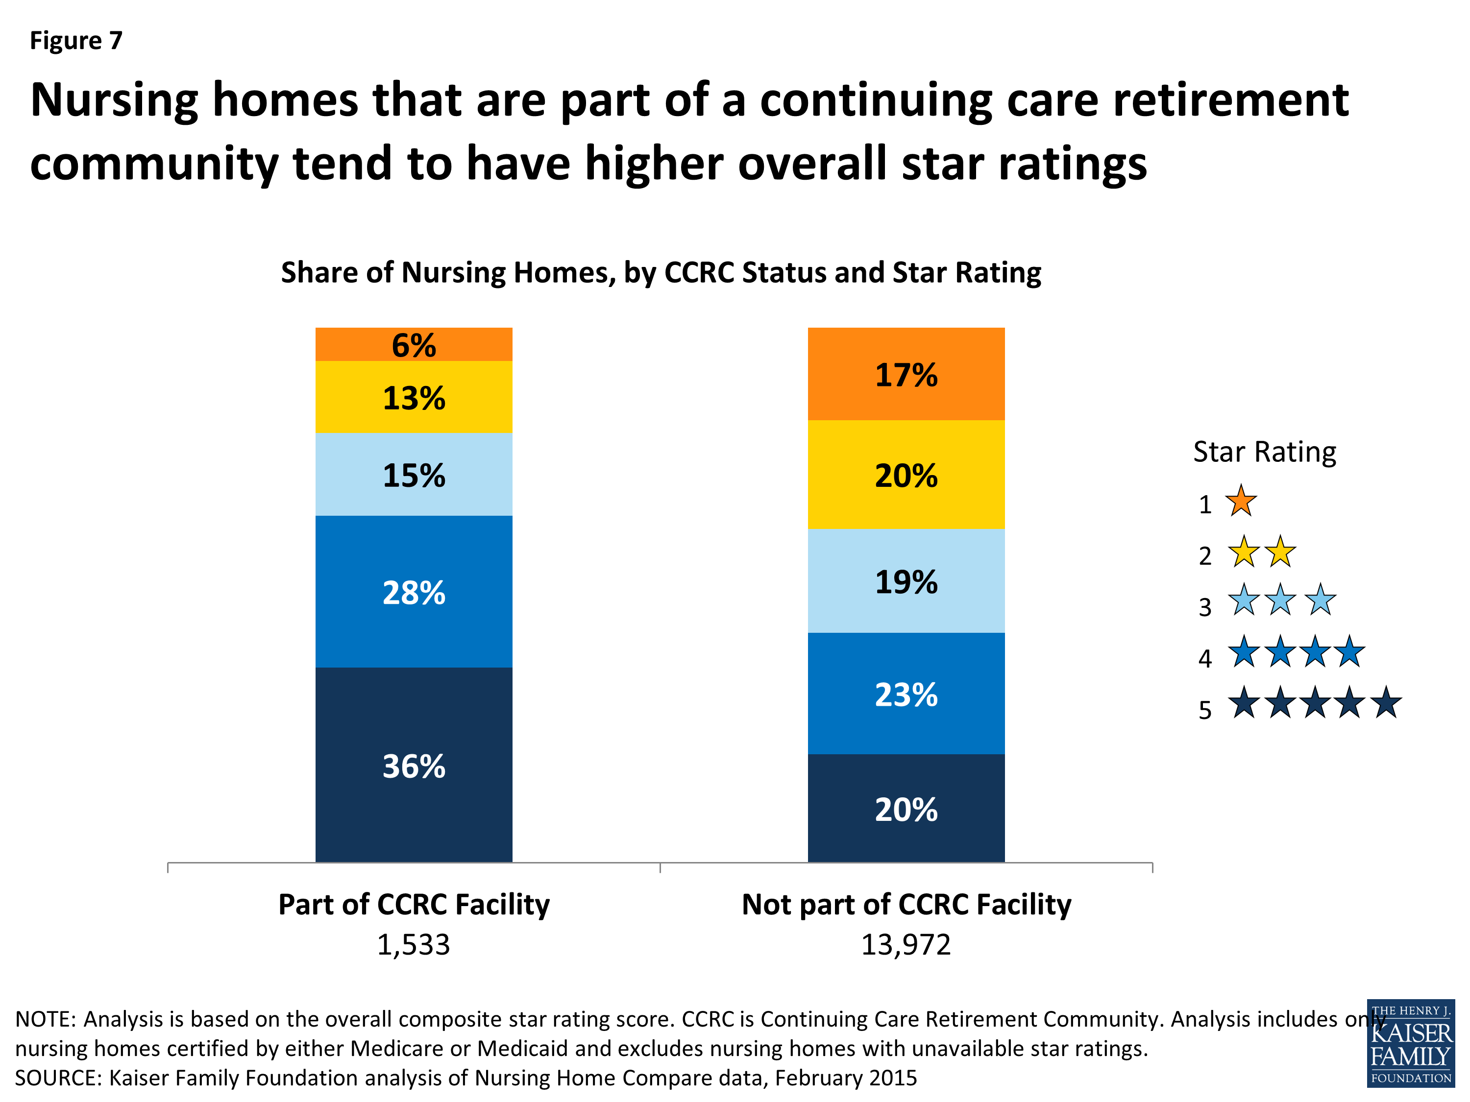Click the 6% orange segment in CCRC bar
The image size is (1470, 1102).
click(414, 344)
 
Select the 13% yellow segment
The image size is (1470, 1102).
click(414, 397)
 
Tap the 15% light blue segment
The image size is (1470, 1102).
click(414, 474)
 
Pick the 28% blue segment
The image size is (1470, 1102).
click(414, 591)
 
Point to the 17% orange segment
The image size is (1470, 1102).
click(906, 374)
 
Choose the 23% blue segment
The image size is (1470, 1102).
click(906, 694)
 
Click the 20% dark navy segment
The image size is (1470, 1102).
click(906, 809)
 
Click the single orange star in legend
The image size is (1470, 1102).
click(1240, 502)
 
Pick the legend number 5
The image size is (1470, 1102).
click(1204, 710)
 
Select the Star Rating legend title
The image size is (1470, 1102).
click(1264, 452)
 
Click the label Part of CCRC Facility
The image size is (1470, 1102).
click(414, 905)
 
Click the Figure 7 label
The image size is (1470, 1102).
click(76, 41)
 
